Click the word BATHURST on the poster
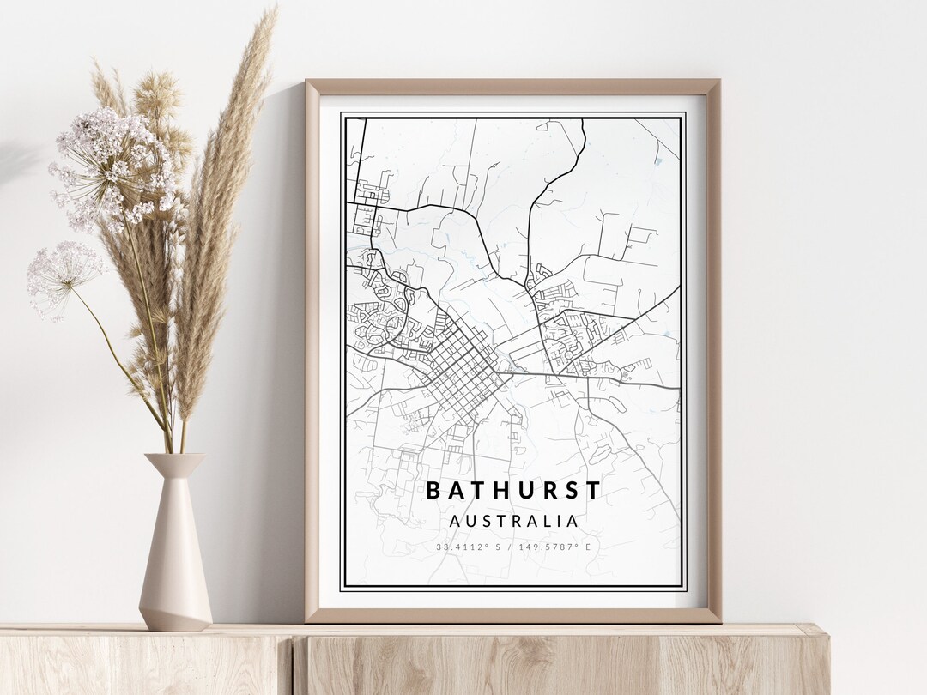[513, 490]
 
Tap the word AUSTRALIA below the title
[513, 521]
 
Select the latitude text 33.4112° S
[468, 547]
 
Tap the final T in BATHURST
[594, 490]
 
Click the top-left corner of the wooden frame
[308, 82]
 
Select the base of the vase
[175, 622]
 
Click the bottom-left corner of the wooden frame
[308, 619]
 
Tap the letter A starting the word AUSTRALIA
[454, 521]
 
